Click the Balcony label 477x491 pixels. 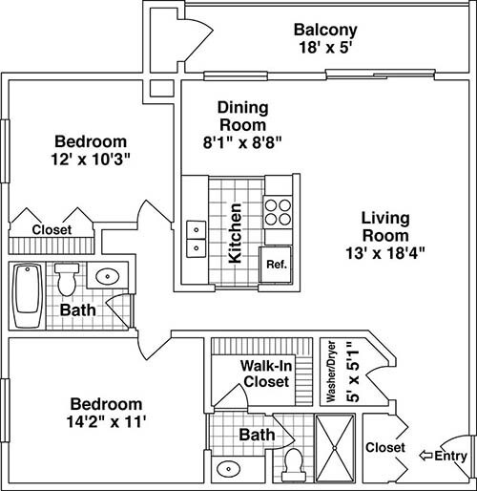click(x=325, y=30)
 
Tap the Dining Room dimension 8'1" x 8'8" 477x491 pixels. click(x=242, y=142)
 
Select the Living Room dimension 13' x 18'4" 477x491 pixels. click(x=385, y=253)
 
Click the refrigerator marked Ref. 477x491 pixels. click(x=276, y=265)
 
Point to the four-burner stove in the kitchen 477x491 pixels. click(x=278, y=212)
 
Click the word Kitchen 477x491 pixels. click(x=236, y=233)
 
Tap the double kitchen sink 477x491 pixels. click(x=196, y=239)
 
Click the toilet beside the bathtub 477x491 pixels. click(x=67, y=279)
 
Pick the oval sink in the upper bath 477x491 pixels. click(x=108, y=276)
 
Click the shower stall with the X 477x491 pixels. click(x=335, y=448)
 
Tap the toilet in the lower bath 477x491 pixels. click(x=293, y=465)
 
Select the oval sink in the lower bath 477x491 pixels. click(x=228, y=469)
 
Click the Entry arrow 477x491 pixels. click(x=425, y=456)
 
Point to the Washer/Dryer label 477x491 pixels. click(x=331, y=372)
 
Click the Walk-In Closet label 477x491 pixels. click(x=266, y=374)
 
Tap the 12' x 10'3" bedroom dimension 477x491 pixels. click(x=91, y=160)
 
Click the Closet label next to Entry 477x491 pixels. click(x=385, y=447)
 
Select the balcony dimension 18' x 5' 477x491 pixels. click(x=325, y=48)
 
